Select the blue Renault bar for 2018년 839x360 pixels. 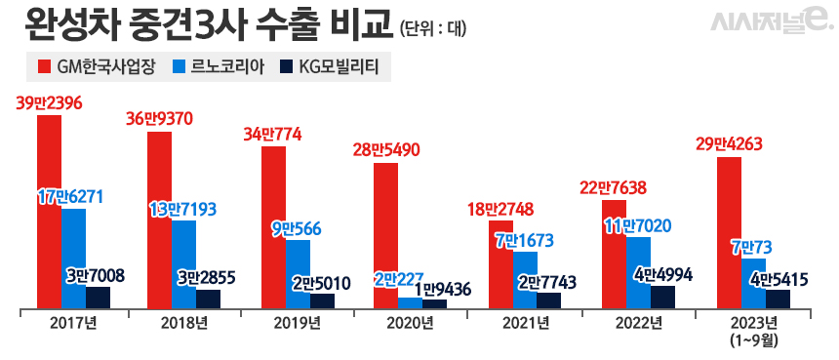[x=183, y=263]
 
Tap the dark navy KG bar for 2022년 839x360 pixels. [x=663, y=297]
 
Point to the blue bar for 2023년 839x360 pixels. [x=753, y=283]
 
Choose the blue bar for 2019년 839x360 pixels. [x=298, y=274]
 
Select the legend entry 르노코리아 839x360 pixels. [x=213, y=67]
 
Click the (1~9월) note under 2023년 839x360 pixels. [x=751, y=340]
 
